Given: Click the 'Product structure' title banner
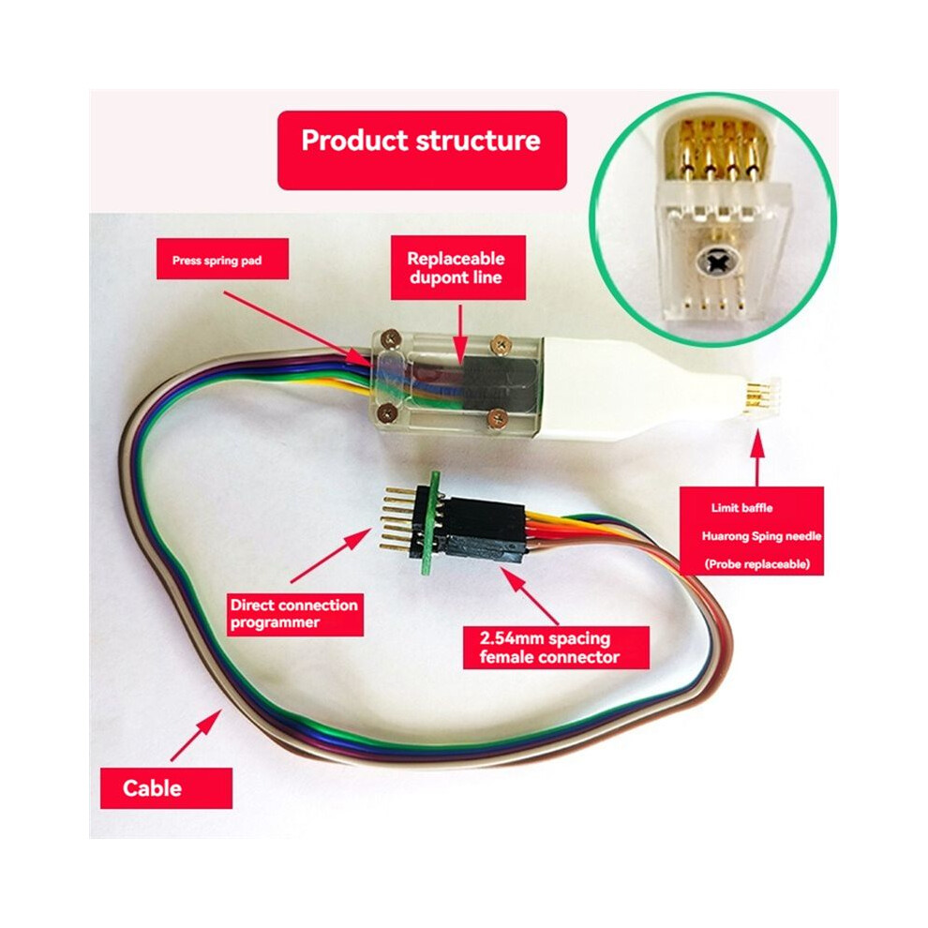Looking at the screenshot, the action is coord(422,150).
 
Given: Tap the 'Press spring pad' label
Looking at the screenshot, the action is coord(222,260).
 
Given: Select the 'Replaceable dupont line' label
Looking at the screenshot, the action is coord(458,267).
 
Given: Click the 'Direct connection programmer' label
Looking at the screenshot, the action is coord(294,614).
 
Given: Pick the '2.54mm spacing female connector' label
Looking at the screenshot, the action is coord(556,648).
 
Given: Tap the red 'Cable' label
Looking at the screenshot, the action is coord(166,788).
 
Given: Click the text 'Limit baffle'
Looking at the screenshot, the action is coord(741,508).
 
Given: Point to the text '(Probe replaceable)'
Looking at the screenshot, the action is coord(757,564).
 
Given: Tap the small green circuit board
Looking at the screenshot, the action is coord(430,523).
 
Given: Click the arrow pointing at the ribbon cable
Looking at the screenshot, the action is coord(196,735).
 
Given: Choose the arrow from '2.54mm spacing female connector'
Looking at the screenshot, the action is coord(529,595).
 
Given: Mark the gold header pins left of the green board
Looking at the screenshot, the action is coord(401,518).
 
